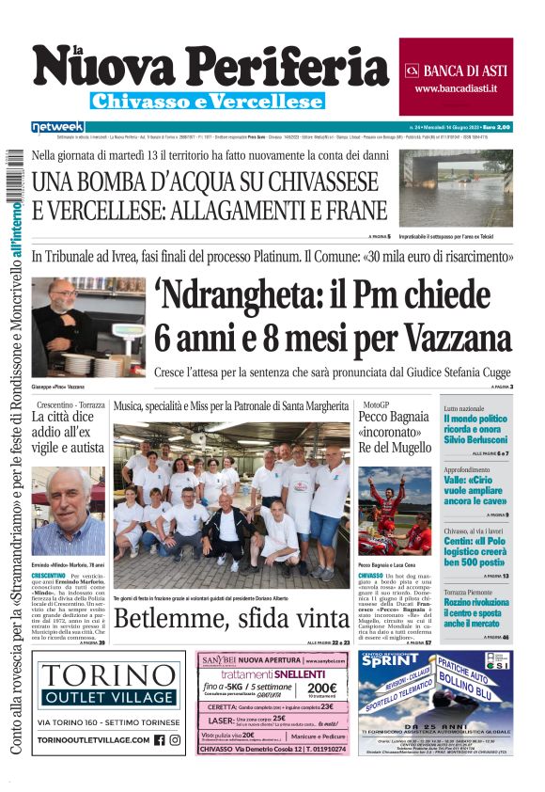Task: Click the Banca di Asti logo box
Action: pyautogui.click(x=456, y=77)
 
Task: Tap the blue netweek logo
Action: pyautogui.click(x=57, y=126)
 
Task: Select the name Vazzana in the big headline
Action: pyautogui.click(x=451, y=337)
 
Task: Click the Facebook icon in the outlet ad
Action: pyautogui.click(x=159, y=739)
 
